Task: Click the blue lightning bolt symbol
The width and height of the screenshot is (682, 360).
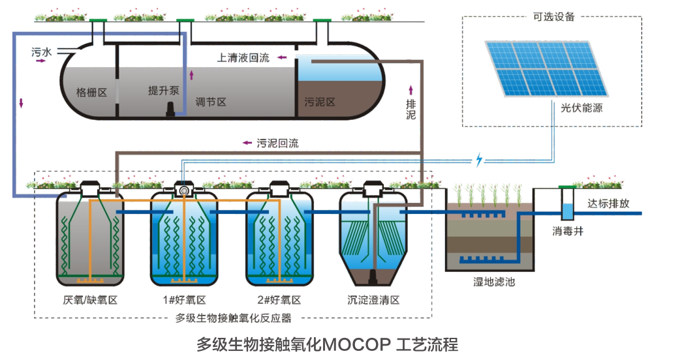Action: (x=480, y=159)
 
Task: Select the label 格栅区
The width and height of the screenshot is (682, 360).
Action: (x=91, y=93)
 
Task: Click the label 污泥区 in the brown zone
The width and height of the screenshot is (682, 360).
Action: (x=320, y=102)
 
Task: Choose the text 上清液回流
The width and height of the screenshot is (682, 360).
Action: (x=243, y=58)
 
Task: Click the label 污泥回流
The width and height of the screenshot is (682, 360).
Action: (x=277, y=143)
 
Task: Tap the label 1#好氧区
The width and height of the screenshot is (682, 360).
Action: (x=184, y=300)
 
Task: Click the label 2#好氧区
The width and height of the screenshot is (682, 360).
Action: (x=279, y=300)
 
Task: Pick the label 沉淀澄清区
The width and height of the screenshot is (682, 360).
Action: (x=373, y=300)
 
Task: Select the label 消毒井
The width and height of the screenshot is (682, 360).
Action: (x=568, y=231)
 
